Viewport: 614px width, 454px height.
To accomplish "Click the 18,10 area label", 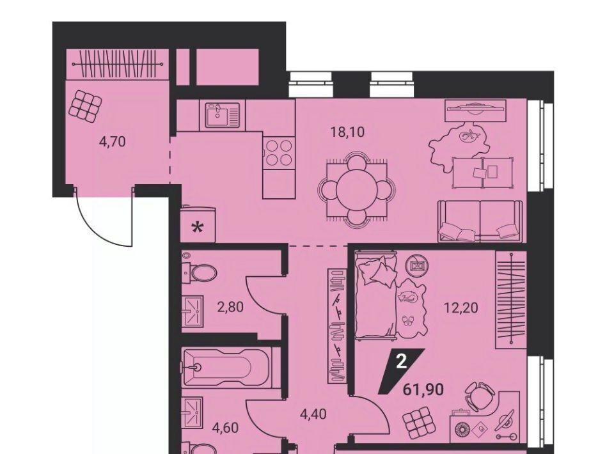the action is (x=347, y=132).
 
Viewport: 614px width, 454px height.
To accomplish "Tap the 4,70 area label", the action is (x=113, y=141).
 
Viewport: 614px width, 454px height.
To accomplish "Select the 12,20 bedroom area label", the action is (x=461, y=308).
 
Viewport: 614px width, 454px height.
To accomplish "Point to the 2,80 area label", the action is (x=230, y=307).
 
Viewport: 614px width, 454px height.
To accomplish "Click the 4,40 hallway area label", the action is (x=313, y=414).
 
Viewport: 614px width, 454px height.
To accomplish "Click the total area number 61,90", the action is (x=423, y=389).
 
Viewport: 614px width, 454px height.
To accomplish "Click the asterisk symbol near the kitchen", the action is (x=198, y=228).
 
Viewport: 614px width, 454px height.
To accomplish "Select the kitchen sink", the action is (x=222, y=116).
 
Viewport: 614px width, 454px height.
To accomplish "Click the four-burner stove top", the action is (x=278, y=153).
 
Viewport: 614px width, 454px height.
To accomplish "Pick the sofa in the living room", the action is (x=482, y=221).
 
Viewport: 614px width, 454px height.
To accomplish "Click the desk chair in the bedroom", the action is (x=479, y=395).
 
